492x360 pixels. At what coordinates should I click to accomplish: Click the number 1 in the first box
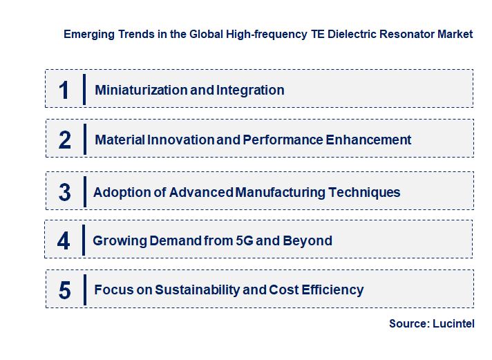click(64, 90)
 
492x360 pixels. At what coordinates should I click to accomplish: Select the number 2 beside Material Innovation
click(65, 140)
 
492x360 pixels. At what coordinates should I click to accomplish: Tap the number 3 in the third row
click(65, 193)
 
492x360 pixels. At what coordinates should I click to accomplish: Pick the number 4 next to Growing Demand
click(64, 241)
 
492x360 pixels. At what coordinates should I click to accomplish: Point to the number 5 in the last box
click(65, 290)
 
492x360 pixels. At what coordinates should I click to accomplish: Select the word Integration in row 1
click(250, 90)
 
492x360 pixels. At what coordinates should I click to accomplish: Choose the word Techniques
click(366, 192)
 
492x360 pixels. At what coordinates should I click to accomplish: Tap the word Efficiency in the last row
click(331, 290)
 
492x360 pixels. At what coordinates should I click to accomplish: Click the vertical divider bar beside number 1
click(84, 89)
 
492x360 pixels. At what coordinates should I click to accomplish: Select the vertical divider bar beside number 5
click(84, 290)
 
